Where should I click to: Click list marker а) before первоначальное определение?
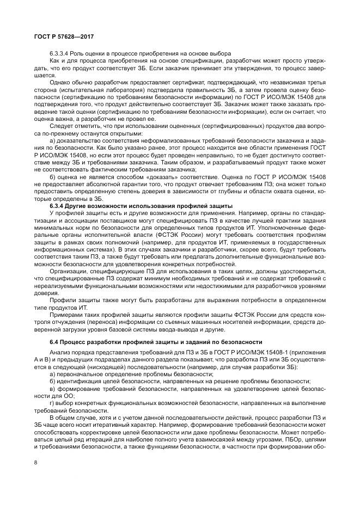[52, 375]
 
